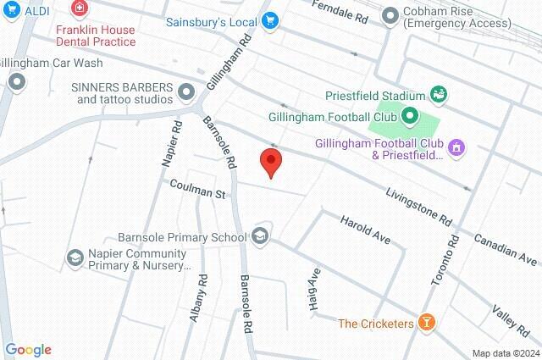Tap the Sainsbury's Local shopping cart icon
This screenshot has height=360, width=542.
[x=270, y=21]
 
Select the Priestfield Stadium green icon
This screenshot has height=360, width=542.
[x=439, y=93]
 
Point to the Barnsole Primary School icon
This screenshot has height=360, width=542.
[x=260, y=236]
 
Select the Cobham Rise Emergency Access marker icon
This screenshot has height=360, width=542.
[x=390, y=16]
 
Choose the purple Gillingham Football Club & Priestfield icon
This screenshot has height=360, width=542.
[x=457, y=148]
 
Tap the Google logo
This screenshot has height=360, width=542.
[x=28, y=350]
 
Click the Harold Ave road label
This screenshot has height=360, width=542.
[x=365, y=230]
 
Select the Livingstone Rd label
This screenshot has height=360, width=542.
[x=419, y=208]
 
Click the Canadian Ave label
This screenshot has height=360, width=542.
[x=506, y=248]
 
